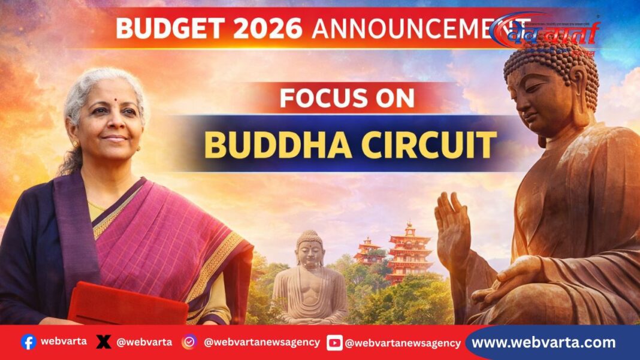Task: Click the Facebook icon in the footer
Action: [28, 342]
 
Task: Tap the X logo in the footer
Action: [104, 342]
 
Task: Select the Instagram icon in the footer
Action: [189, 342]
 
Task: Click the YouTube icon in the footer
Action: [334, 343]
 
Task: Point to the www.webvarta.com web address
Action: [544, 343]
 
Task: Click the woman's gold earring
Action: [76, 144]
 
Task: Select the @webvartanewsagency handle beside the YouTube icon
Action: [403, 343]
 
